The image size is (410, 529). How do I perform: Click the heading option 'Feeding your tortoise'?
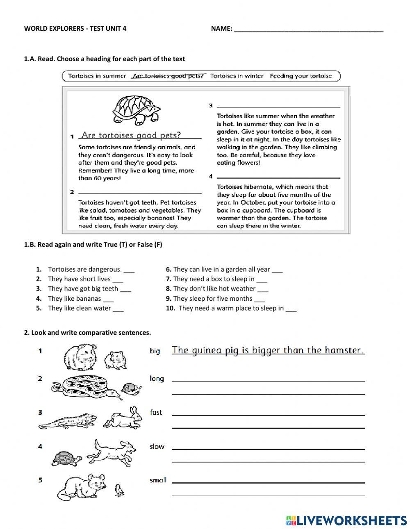point(301,76)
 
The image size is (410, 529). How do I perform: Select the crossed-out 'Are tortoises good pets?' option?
point(168,76)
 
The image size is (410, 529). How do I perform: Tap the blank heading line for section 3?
point(279,106)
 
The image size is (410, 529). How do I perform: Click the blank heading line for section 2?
point(139,193)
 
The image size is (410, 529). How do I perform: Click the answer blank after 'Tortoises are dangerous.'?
point(129,270)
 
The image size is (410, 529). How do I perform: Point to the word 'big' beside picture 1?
point(155,351)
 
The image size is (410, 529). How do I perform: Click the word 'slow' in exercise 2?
point(157,446)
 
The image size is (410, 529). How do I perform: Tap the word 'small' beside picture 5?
point(158,480)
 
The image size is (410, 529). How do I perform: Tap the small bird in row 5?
point(119,490)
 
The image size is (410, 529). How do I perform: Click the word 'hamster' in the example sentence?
point(344,350)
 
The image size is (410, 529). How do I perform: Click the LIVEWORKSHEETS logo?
point(346,520)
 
